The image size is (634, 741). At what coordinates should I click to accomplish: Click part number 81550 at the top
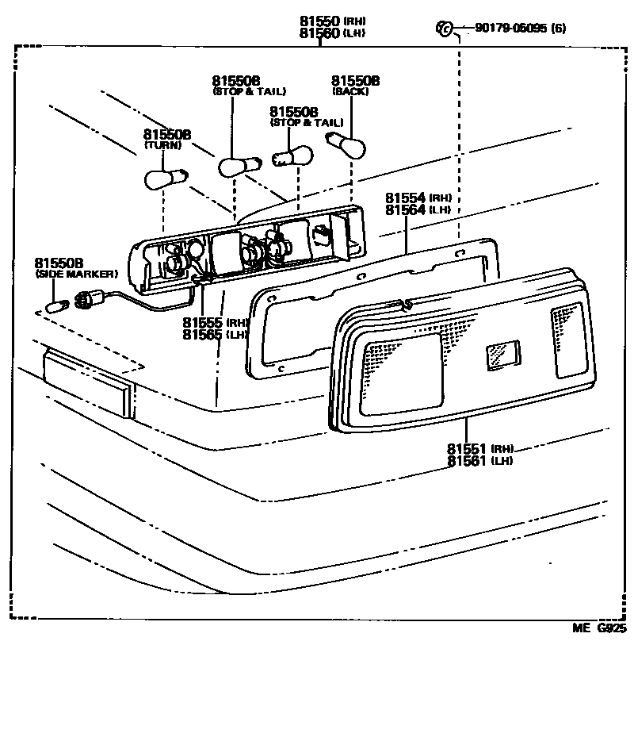pos(319,21)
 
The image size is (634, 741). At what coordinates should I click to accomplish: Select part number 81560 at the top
pos(319,33)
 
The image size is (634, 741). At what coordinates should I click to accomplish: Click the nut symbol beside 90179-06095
pos(444,29)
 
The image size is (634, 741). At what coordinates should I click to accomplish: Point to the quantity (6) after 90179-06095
pos(558,29)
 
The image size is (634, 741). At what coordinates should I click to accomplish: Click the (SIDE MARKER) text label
pos(76,274)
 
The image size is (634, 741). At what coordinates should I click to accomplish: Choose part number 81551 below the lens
pos(468,448)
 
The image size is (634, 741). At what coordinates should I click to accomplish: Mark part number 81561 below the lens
pos(468,460)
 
